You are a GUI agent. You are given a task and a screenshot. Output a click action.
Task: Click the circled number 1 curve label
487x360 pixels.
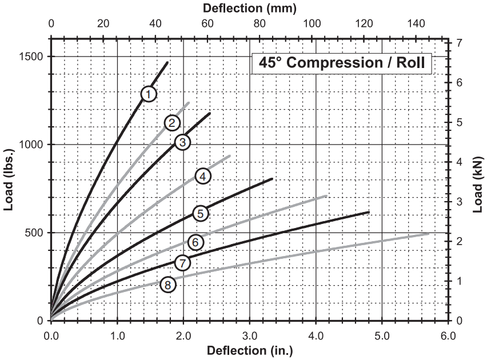[x=149, y=93]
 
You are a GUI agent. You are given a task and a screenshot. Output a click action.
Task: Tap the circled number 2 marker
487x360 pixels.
[x=171, y=122]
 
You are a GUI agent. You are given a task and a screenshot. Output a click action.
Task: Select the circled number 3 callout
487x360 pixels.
[x=182, y=142]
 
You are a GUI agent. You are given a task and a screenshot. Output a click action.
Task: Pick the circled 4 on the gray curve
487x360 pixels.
[x=203, y=176]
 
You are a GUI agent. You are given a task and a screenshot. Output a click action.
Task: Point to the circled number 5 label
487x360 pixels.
[x=200, y=214]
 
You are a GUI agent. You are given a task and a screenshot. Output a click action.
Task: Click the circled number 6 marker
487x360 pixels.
[x=195, y=242]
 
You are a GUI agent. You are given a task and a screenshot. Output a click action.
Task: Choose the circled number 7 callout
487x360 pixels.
[x=182, y=263]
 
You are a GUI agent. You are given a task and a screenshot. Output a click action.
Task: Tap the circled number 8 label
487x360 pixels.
[x=167, y=284]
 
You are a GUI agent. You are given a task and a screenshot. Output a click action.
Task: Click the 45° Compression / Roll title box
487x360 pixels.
[x=342, y=63]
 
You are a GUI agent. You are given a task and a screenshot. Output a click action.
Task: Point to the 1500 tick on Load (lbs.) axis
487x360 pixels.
[x=33, y=57]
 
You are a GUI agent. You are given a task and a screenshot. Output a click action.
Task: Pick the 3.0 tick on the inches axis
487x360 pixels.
[x=250, y=333]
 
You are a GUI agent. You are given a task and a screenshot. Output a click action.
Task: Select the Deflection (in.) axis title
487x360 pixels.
[x=249, y=350]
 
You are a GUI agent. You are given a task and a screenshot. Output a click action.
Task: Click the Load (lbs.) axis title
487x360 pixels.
[x=9, y=182]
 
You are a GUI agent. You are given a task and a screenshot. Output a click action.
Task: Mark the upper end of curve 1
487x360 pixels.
[x=167, y=62]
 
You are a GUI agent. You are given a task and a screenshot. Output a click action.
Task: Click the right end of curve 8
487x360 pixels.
[x=428, y=233]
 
